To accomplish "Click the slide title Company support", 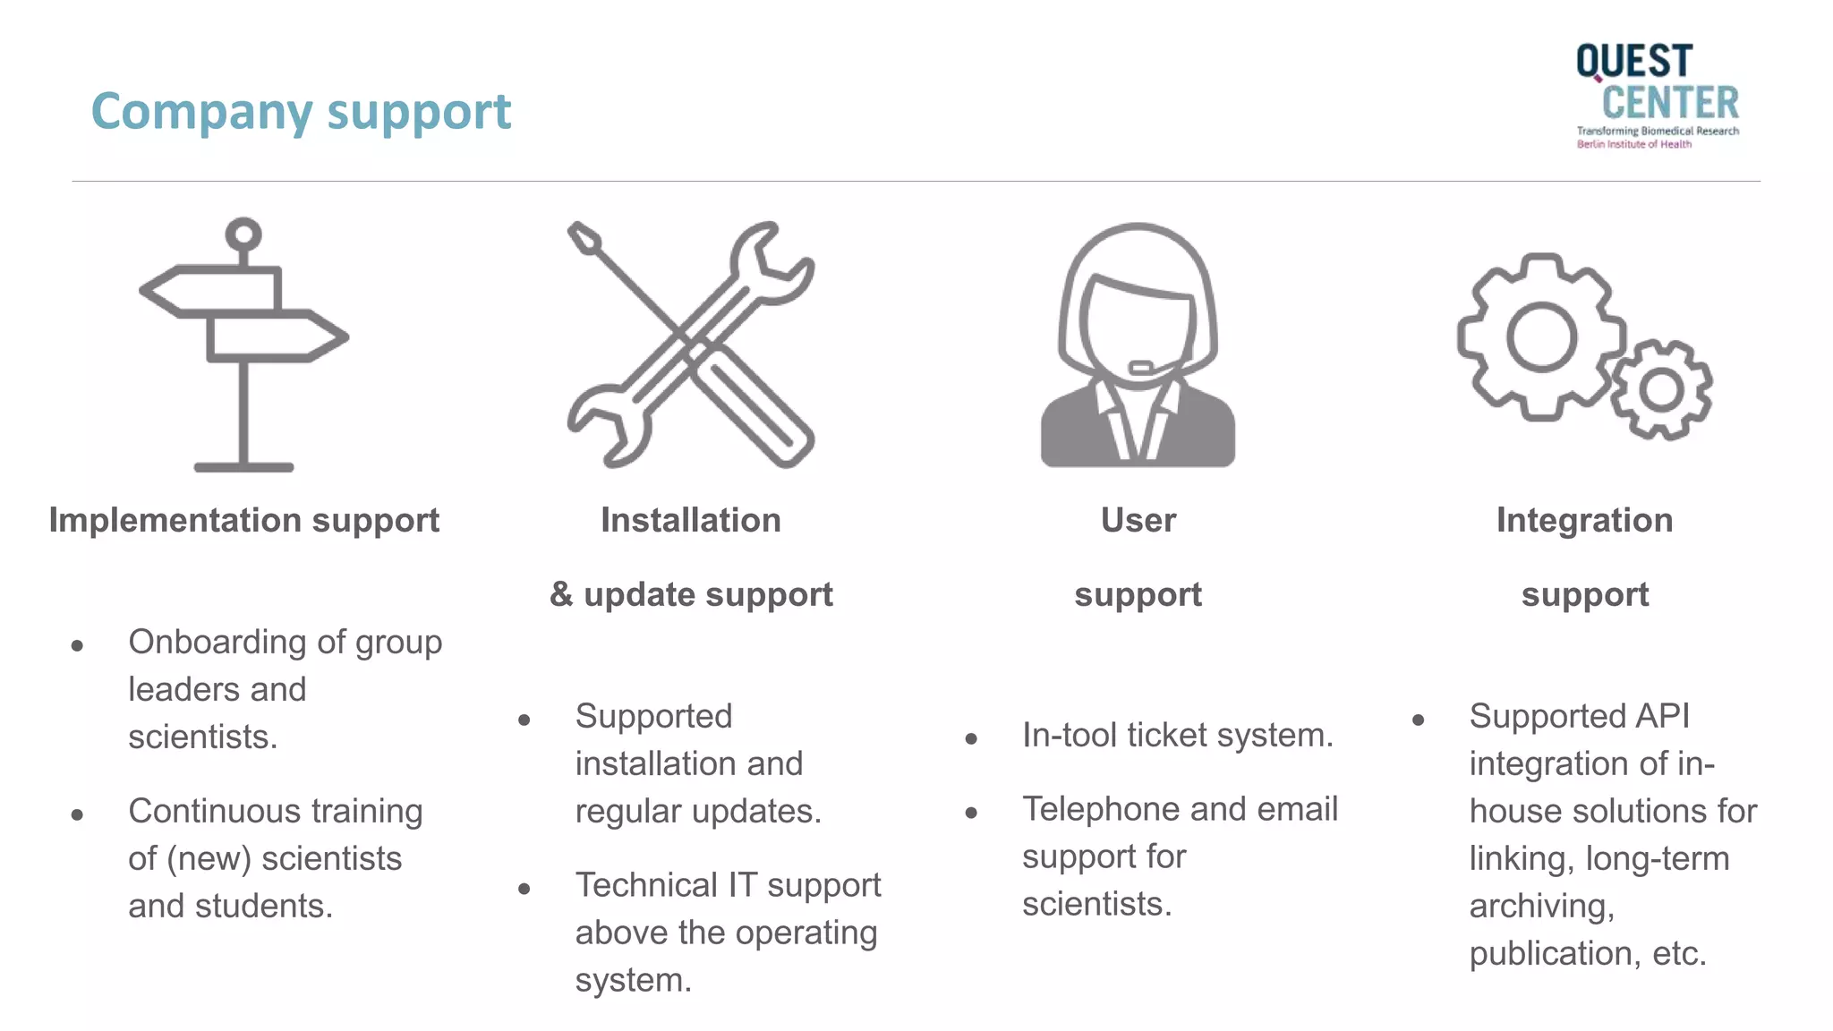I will coord(301,112).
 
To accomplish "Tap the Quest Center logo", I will coord(1657,95).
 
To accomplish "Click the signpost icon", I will coord(243,345).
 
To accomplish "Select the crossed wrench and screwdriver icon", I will coord(690,345).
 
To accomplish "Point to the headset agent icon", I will coord(1138,345).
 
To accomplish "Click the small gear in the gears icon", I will coord(1661,389).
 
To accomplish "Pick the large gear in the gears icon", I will coord(1541,337).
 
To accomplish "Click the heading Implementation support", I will coord(243,520).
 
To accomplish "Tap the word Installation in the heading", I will coord(690,520).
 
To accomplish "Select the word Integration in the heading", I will coord(1584,520).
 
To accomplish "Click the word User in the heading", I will coord(1138,520).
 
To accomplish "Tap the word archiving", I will coord(1541,907).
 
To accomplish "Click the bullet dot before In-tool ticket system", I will coord(971,738).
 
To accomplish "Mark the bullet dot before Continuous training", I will coord(77,814).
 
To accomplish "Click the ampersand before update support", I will coord(561,594).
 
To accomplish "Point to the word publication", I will coord(1555,954).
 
